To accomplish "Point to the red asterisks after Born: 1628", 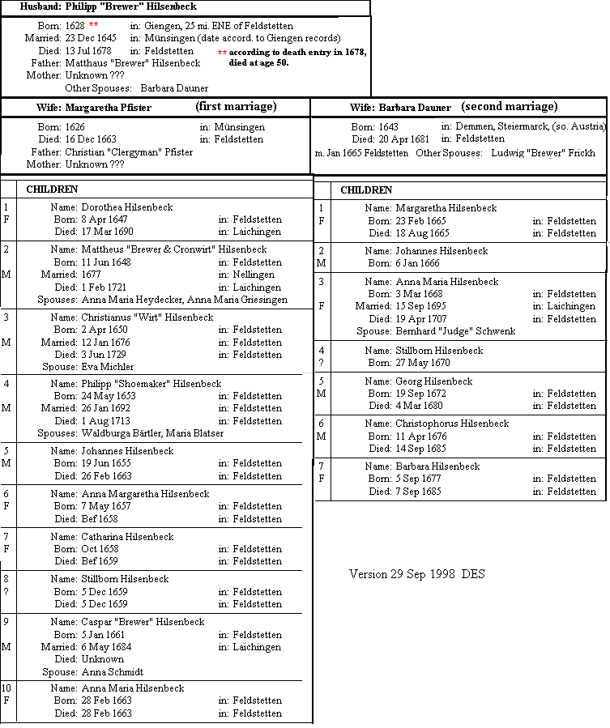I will pyautogui.click(x=93, y=26).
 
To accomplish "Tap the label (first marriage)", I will pyautogui.click(x=236, y=107).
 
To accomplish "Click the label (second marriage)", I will pyautogui.click(x=510, y=107).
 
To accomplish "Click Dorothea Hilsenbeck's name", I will pyautogui.click(x=127, y=207).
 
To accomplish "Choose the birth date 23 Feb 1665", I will pyautogui.click(x=421, y=221).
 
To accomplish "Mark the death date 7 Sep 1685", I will pyautogui.click(x=420, y=492).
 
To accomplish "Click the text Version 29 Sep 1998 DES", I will pyautogui.click(x=416, y=574).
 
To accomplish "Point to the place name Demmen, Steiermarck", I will pyautogui.click(x=501, y=127).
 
